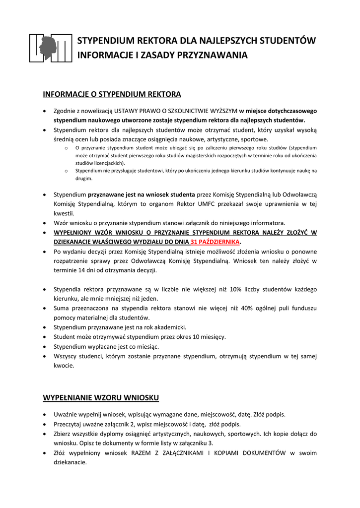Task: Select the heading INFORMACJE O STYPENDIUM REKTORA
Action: pyautogui.click(x=112, y=94)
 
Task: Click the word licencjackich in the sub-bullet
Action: pyautogui.click(x=106, y=163)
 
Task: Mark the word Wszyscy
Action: pyautogui.click(x=66, y=356)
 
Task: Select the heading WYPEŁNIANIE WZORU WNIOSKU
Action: pyautogui.click(x=101, y=398)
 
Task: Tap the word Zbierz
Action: pyautogui.click(x=63, y=434)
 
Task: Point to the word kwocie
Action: pyautogui.click(x=64, y=366)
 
